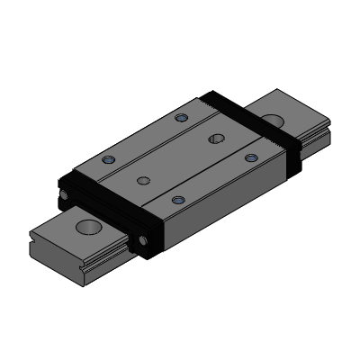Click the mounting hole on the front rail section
(x=88, y=226)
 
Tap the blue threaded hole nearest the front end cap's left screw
(x=109, y=159)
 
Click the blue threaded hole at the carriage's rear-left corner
(x=182, y=117)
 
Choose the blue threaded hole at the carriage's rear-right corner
(x=251, y=157)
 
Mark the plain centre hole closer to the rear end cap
(x=216, y=138)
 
